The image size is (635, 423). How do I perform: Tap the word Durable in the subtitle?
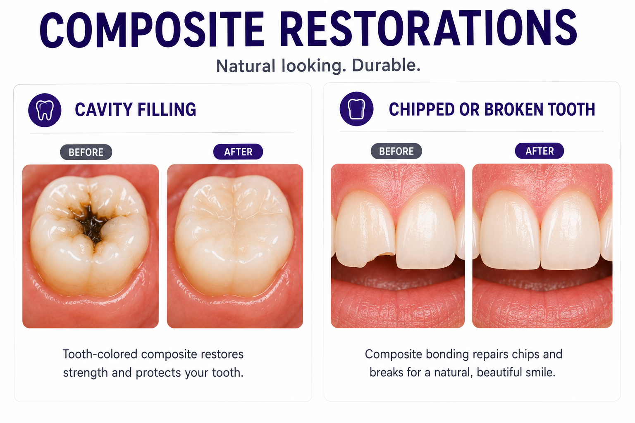[x=386, y=65]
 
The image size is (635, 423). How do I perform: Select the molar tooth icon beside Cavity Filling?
[x=45, y=110]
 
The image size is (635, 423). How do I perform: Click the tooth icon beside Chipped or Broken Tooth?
[x=356, y=109]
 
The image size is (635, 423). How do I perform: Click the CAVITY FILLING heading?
[x=136, y=109]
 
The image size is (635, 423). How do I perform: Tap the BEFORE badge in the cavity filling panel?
[x=86, y=152]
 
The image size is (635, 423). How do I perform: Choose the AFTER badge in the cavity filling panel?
[x=238, y=152]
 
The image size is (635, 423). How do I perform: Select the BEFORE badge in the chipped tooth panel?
[x=396, y=151]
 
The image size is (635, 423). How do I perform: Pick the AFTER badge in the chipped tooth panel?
[x=540, y=151]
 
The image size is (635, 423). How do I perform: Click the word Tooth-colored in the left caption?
[x=100, y=354]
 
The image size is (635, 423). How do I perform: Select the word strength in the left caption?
[x=85, y=373]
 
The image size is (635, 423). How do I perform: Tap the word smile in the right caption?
[x=541, y=372]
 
